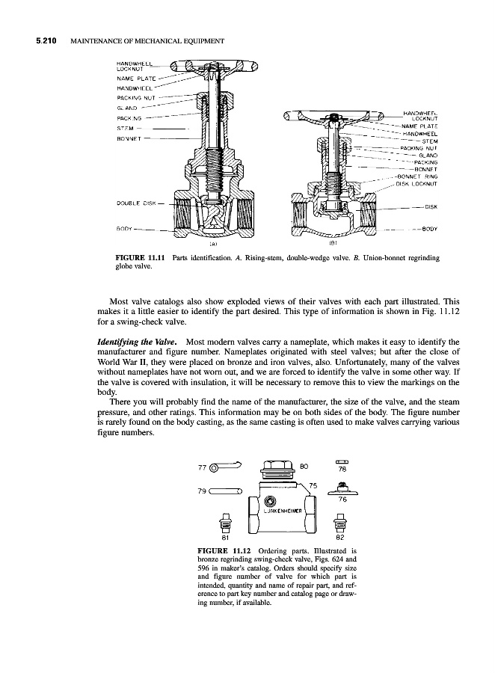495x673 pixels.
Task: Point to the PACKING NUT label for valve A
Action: [138, 96]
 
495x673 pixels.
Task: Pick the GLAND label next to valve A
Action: [126, 106]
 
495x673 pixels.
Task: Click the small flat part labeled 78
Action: [342, 461]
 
